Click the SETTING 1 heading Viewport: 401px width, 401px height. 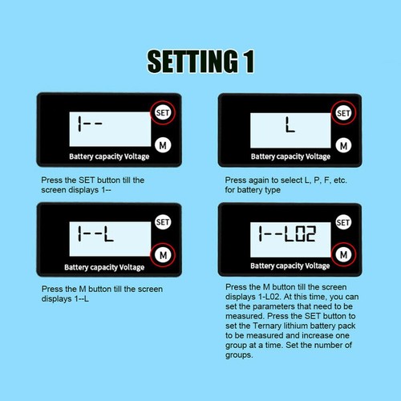(200, 62)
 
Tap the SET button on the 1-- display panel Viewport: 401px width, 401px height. (163, 113)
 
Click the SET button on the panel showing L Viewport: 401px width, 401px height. (343, 113)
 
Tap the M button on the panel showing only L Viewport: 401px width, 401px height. (343, 145)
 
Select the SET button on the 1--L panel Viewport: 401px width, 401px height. (163, 221)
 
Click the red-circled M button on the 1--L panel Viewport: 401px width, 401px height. (163, 254)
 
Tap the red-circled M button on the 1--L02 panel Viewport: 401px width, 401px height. (343, 254)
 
